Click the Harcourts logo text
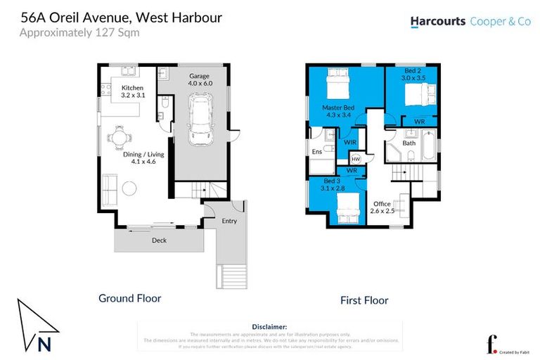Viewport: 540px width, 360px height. [x=437, y=21]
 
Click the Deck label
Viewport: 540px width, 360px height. [x=159, y=240]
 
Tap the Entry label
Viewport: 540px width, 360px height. [x=229, y=221]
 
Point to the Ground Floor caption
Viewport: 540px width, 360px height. [x=129, y=298]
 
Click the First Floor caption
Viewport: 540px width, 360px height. [x=364, y=300]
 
